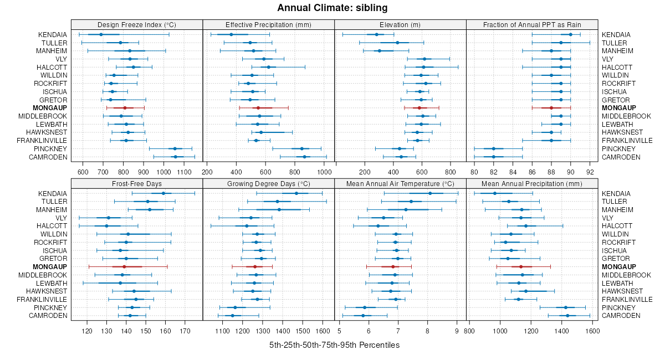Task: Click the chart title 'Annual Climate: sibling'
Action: pyautogui.click(x=332, y=8)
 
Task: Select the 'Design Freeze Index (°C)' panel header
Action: pyautogui.click(x=137, y=24)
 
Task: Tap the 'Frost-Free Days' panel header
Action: pyautogui.click(x=137, y=183)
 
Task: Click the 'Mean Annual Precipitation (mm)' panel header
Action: pyautogui.click(x=532, y=183)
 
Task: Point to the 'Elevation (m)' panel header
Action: pyautogui.click(x=400, y=24)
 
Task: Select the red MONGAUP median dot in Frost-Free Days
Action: pyautogui.click(x=124, y=267)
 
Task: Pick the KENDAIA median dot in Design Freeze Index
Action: pyautogui.click(x=101, y=34)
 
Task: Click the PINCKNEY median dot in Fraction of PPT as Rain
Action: pyautogui.click(x=493, y=149)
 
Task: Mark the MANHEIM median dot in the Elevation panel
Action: pyautogui.click(x=380, y=51)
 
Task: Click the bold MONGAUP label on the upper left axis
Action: pyautogui.click(x=50, y=108)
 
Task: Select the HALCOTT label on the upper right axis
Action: pyautogui.click(x=615, y=67)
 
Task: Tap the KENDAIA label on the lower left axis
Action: pyautogui.click(x=53, y=193)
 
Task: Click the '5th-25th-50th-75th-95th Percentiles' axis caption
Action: pyautogui.click(x=334, y=345)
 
